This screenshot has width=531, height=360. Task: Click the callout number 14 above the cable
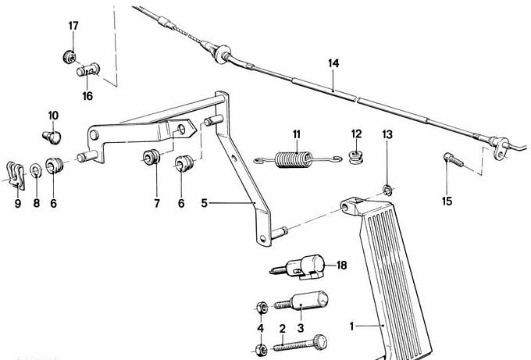333,63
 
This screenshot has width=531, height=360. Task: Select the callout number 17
73,26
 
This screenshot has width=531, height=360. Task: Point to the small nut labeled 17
69,56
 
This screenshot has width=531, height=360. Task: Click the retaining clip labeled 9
16,176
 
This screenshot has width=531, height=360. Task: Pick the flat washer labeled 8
36,170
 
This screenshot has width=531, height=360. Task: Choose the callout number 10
53,116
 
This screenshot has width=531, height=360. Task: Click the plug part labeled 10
52,137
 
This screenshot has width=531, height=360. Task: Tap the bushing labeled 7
151,157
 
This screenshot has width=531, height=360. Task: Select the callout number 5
204,203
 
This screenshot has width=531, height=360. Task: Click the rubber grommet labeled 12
356,158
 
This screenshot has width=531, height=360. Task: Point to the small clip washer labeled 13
387,190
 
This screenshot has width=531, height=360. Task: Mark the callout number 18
342,265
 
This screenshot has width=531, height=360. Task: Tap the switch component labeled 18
298,267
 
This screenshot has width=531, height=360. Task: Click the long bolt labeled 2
300,343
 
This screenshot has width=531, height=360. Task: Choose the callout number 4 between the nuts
260,328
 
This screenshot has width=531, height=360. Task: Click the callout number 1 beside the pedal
352,326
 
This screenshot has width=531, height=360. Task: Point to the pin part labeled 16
87,70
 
